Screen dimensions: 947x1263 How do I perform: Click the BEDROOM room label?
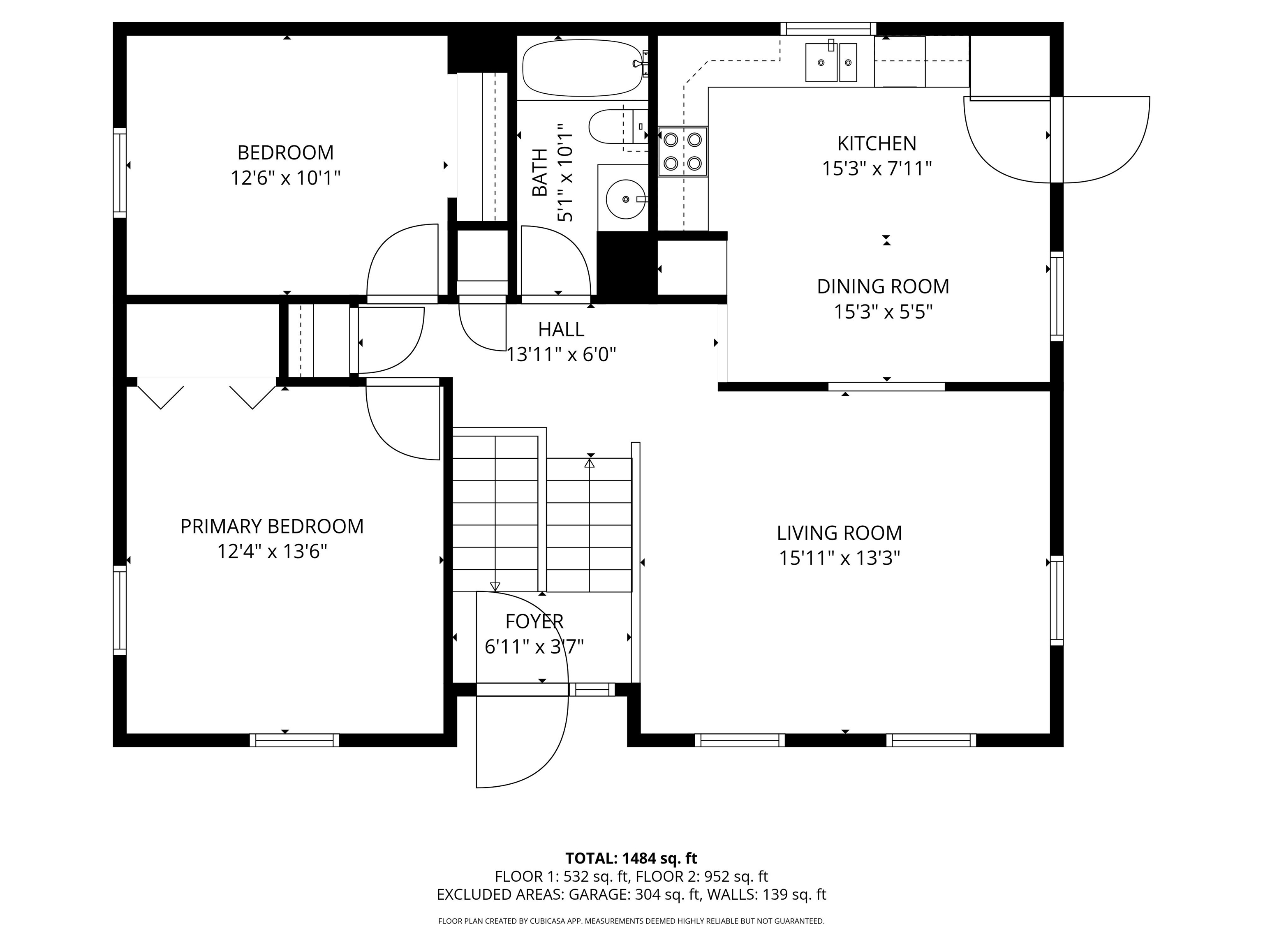click(285, 152)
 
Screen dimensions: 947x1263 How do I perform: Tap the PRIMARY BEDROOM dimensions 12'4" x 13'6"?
click(272, 552)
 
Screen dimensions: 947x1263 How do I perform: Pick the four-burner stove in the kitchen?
click(682, 151)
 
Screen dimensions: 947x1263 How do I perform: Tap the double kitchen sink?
click(831, 62)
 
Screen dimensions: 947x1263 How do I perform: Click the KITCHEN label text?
click(877, 143)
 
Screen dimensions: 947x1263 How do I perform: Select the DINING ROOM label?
click(883, 286)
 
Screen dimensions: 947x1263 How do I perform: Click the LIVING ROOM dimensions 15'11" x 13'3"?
click(840, 558)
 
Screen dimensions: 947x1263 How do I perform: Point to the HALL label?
click(561, 329)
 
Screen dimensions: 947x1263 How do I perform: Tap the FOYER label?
click(534, 621)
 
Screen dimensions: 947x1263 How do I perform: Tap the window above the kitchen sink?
click(828, 28)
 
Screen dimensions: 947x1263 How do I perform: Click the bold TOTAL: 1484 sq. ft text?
click(631, 859)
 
